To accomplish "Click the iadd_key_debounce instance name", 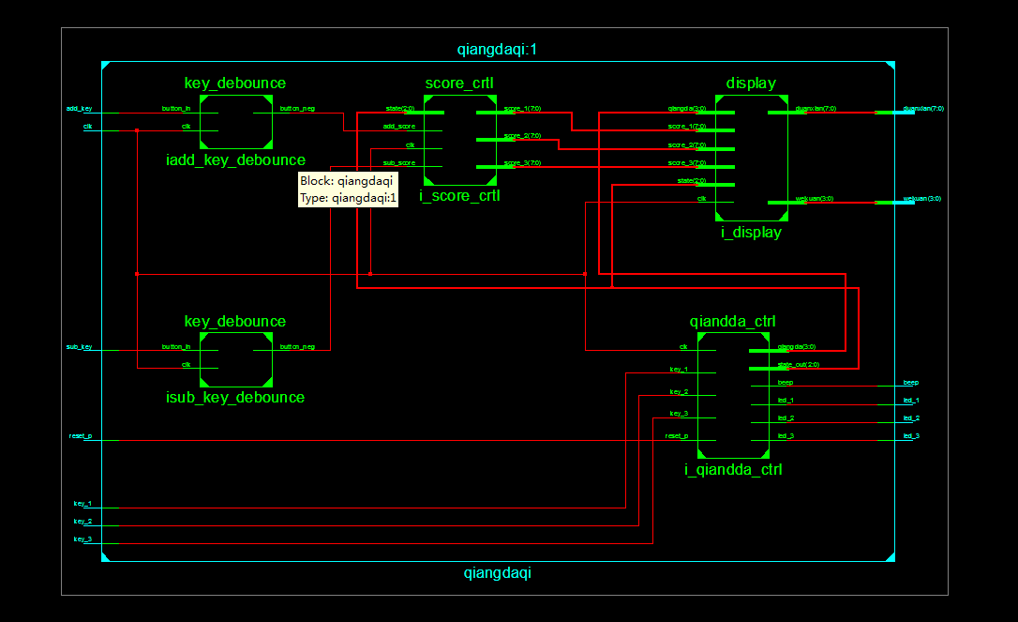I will coord(235,160).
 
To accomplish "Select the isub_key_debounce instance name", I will coord(235,398).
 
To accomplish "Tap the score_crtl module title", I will coord(459,83).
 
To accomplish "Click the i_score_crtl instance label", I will coord(459,196).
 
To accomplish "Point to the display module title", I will coord(751,83).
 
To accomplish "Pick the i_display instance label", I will coord(751,233).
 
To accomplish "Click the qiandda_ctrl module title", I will coord(732,321).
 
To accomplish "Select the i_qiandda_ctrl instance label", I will coord(732,470).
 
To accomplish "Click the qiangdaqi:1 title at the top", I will coord(497,50).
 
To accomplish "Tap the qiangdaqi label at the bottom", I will coord(497,572).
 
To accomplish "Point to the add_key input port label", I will coord(79,109).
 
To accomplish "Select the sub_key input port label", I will coord(79,347).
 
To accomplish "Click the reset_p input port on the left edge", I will coord(81,436).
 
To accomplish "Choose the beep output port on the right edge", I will coord(910,383).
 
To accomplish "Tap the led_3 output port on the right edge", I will coord(910,436).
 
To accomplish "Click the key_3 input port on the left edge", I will coord(82,539).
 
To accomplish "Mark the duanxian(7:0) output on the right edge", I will coord(922,109).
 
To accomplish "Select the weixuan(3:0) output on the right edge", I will coord(921,199).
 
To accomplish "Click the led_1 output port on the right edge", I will coord(910,401).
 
